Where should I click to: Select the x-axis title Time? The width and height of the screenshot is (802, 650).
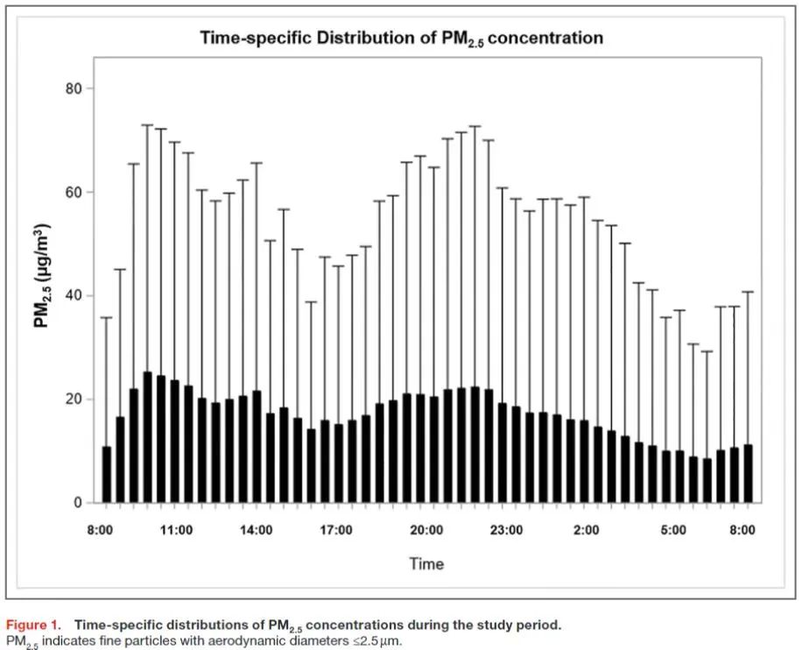click(426, 563)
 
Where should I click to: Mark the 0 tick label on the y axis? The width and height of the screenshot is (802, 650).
click(83, 503)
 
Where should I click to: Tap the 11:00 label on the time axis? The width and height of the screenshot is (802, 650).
click(175, 530)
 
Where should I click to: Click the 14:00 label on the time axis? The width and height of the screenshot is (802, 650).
click(256, 530)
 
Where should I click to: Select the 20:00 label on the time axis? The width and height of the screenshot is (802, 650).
click(426, 530)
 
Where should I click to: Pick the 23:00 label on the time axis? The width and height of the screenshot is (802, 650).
click(506, 530)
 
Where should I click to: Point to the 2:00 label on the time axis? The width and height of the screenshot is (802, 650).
click(586, 530)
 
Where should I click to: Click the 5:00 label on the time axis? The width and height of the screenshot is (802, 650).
click(672, 530)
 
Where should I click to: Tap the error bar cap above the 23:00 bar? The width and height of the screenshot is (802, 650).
click(502, 187)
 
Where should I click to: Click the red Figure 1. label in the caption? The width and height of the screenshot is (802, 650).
click(34, 625)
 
